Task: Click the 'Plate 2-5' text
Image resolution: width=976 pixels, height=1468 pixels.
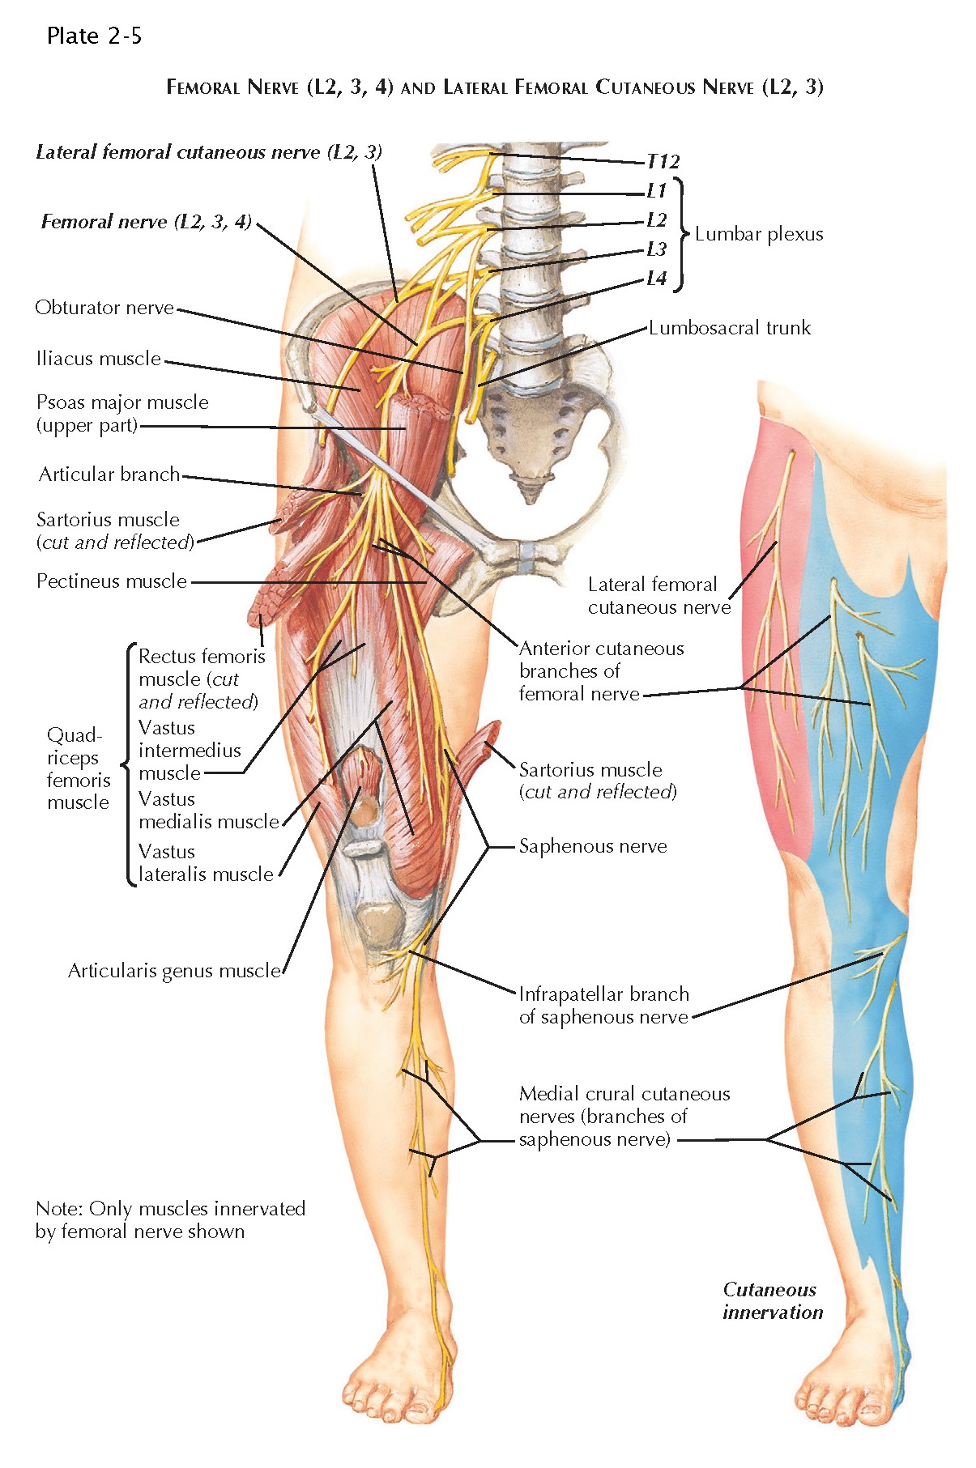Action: coord(94,36)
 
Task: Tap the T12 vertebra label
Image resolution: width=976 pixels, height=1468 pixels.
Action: coord(663,162)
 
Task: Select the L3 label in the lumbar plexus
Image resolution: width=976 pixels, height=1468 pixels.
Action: coord(656,249)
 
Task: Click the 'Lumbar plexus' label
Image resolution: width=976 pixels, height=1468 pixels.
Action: coord(758,235)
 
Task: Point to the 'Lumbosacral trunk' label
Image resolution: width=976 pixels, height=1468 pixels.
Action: coord(729,328)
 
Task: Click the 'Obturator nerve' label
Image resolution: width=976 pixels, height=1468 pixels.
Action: coord(104,308)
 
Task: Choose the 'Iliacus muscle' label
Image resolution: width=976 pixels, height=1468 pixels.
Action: coord(98,359)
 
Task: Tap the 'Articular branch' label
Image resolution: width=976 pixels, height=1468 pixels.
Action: coord(109,474)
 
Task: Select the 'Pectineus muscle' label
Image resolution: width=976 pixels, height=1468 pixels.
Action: coord(112,581)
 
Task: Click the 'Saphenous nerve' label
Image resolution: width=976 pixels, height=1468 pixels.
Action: coord(593,847)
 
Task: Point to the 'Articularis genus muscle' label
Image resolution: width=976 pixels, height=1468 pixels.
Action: coord(174,971)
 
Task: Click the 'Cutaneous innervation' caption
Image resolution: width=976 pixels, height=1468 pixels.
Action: coord(772,1301)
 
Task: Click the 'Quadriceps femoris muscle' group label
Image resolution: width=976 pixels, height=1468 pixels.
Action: coord(78,769)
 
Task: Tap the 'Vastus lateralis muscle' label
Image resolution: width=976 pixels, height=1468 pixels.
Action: coord(206,863)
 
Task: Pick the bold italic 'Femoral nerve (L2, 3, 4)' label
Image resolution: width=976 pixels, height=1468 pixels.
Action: coord(147,222)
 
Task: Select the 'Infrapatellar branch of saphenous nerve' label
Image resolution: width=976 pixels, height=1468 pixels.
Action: coord(604,1006)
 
